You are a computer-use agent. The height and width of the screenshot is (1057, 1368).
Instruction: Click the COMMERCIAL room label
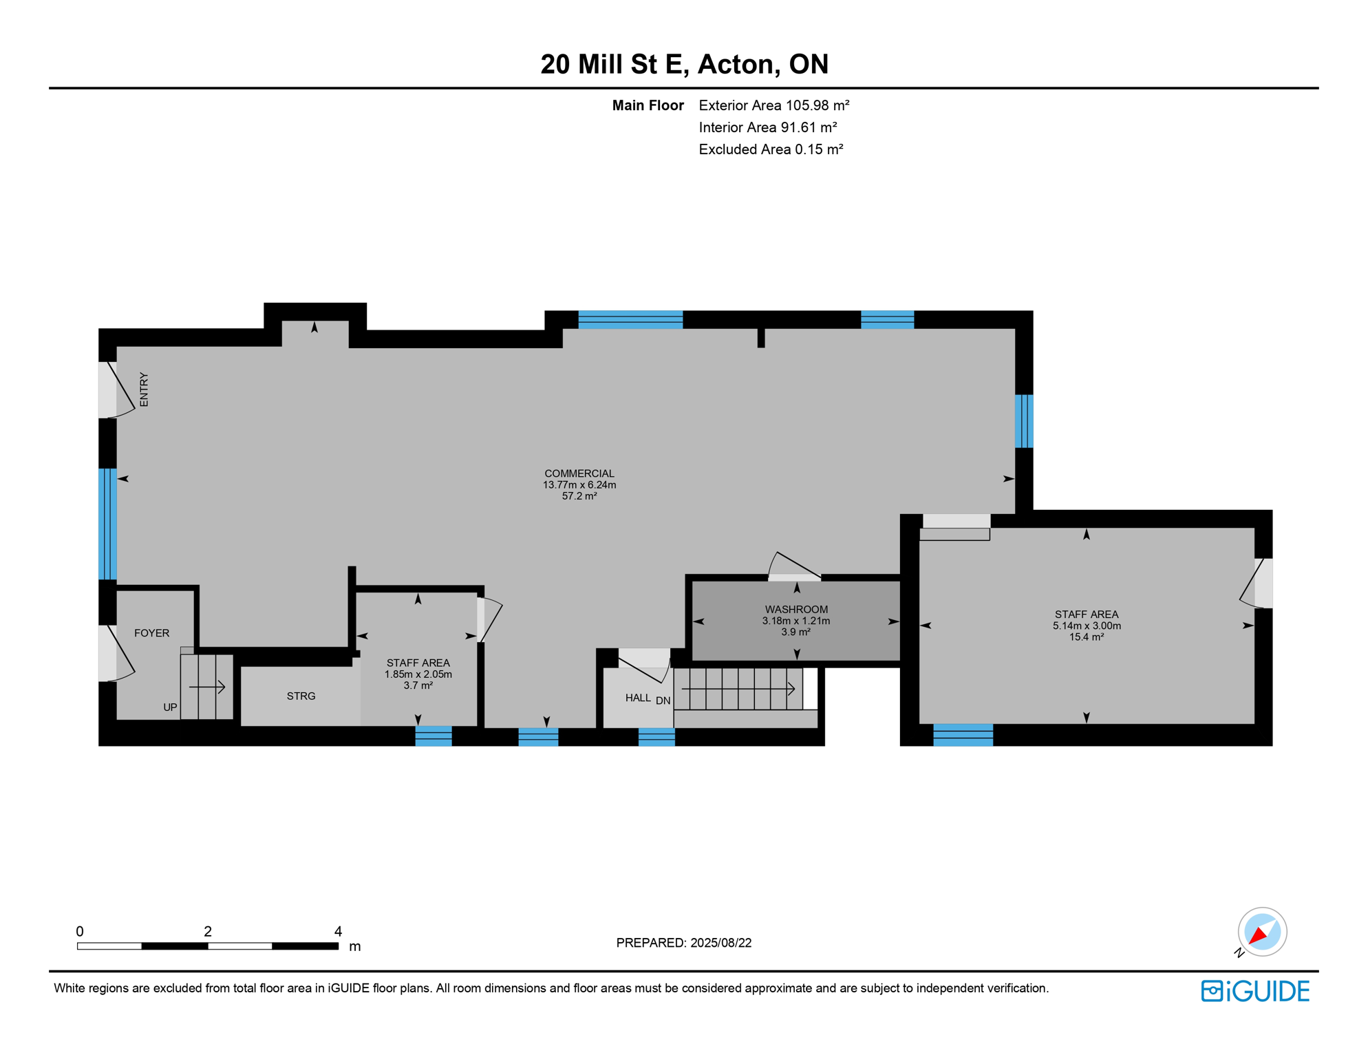(x=579, y=473)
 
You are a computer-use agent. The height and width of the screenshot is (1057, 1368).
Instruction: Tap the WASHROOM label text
(x=796, y=609)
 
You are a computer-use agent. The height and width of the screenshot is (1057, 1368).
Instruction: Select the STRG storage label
(x=301, y=696)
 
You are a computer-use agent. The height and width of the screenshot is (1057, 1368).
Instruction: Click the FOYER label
(x=151, y=633)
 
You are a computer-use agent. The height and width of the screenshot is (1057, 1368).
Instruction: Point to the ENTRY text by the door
(x=144, y=390)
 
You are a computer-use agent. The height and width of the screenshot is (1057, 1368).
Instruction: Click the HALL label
(x=638, y=698)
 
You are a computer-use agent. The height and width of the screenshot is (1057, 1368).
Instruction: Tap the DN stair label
(x=663, y=701)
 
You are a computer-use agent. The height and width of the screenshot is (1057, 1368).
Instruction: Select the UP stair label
(x=170, y=707)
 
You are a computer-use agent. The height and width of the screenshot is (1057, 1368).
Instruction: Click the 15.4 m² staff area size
(x=1086, y=637)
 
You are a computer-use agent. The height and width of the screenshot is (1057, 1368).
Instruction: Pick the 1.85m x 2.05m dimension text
(x=418, y=674)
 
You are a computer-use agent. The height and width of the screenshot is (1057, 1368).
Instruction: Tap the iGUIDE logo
(x=1255, y=991)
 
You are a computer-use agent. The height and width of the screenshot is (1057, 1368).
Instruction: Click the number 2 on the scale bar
(x=207, y=931)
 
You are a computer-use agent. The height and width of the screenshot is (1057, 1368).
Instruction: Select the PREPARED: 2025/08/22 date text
(x=683, y=943)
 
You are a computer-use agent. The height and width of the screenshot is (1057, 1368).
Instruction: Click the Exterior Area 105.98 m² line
(x=773, y=105)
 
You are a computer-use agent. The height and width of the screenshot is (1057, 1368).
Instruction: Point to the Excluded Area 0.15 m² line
(x=771, y=149)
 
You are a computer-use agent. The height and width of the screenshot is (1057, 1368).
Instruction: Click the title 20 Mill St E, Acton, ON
(x=684, y=64)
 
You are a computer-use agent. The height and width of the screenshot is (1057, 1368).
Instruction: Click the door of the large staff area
(x=1255, y=584)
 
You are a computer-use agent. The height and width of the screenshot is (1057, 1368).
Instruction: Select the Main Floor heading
(x=648, y=105)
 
